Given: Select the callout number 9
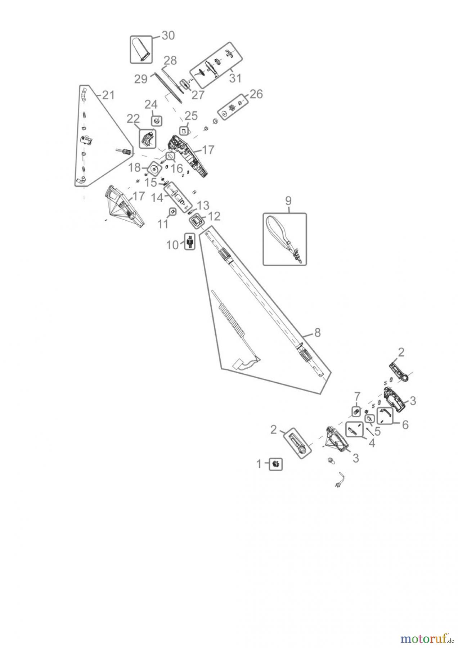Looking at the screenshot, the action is tap(288, 201).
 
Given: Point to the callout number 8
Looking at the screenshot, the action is tap(317, 333).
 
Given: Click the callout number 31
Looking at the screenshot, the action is tap(235, 78).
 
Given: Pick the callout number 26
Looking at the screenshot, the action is tap(256, 94).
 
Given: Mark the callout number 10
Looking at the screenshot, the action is tap(172, 245).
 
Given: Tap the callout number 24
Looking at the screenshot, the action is tap(151, 105).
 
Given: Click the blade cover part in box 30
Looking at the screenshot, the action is tap(141, 50).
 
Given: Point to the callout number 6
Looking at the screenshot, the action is tap(405, 425).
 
